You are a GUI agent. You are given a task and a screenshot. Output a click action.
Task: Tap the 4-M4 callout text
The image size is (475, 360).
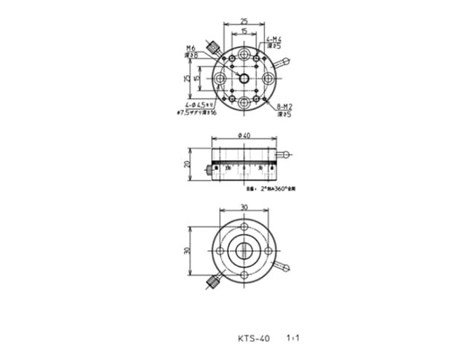[274, 39]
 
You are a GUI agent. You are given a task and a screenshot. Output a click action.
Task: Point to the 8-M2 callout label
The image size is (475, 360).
[284, 108]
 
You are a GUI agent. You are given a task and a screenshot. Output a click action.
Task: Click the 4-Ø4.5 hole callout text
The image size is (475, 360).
[194, 106]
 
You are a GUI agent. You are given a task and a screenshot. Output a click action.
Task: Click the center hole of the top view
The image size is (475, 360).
[244, 79]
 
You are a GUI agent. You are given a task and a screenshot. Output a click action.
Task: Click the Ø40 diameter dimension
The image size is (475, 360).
[244, 135]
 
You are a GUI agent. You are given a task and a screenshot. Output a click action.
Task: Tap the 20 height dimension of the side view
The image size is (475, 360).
[187, 164]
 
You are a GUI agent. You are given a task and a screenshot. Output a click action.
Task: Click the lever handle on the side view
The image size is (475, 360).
[288, 155]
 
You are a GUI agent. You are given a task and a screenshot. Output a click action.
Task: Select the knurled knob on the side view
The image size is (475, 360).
[210, 171]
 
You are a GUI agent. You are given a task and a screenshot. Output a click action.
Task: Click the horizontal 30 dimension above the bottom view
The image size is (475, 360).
[244, 207]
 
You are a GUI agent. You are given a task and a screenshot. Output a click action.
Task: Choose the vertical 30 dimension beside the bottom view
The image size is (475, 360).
[187, 250]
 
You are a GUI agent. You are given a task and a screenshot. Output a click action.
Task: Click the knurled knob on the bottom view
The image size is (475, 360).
[213, 280]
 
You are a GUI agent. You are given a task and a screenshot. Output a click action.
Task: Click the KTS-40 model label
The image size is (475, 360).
[253, 339]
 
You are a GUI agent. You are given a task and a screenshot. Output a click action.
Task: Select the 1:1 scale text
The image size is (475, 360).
[295, 339]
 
